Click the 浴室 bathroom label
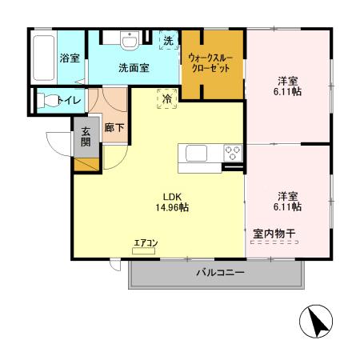click(69, 58)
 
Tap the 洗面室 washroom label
click(134, 69)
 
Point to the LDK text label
click(173, 196)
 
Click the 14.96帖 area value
click(172, 207)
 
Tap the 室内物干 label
click(274, 234)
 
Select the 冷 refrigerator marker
click(166, 98)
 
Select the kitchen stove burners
click(233, 151)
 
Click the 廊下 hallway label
click(113, 127)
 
